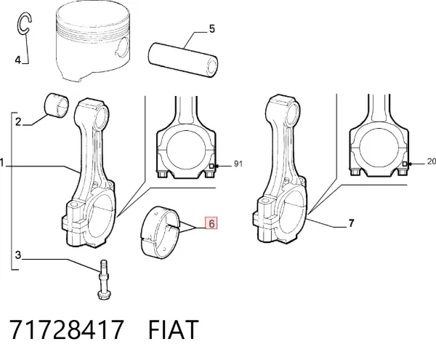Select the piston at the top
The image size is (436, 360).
93,41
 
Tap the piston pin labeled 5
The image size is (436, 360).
182,60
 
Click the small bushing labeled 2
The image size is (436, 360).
57,105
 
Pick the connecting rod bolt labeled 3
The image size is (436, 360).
103,279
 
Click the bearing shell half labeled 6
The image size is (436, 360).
160,231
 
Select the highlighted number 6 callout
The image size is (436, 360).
211,223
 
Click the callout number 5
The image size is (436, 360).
212,29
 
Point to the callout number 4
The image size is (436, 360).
17,60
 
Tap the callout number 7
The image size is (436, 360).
352,223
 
